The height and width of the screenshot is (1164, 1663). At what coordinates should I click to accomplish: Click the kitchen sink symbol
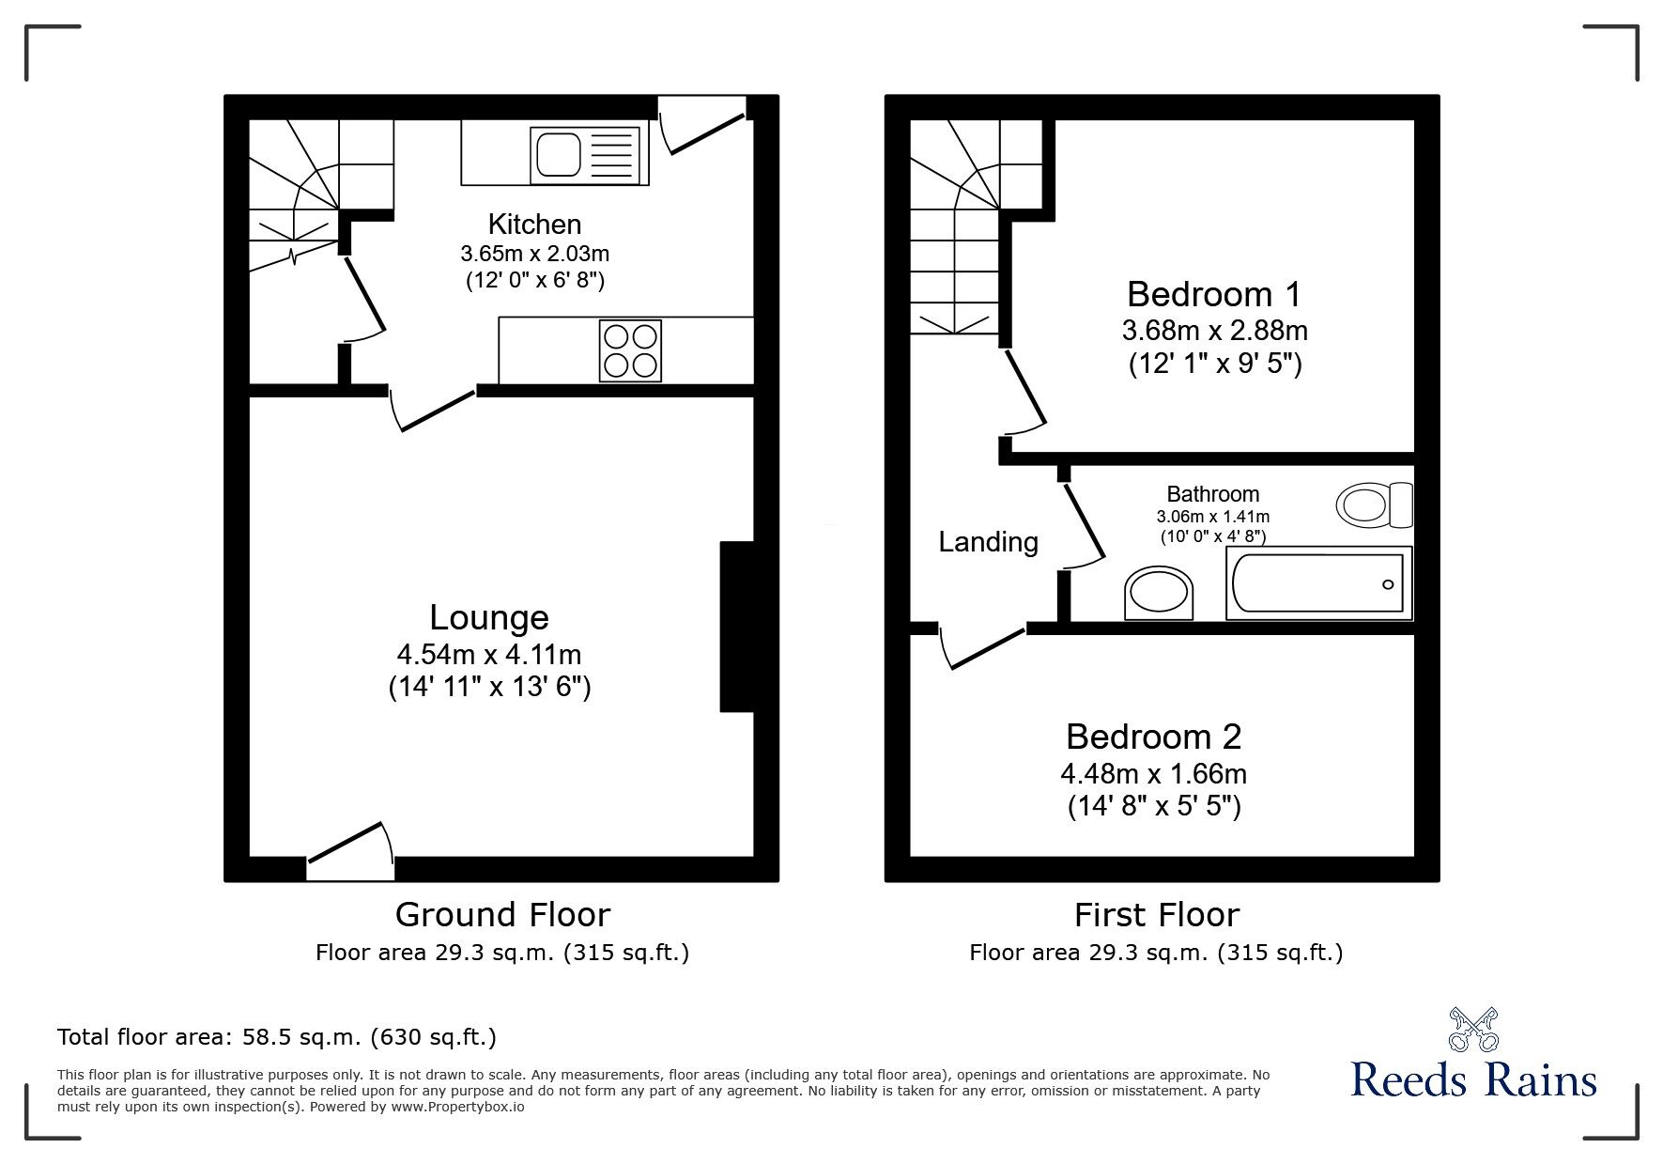586,155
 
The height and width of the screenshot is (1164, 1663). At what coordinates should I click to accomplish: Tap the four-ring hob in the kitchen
630,350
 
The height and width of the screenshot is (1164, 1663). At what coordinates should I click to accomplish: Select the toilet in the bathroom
1374,504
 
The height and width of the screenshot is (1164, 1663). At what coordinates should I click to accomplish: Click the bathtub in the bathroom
1318,583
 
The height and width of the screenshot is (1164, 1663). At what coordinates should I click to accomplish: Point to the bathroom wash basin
1161,593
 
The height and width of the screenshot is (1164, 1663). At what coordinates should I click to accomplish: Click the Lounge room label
489,617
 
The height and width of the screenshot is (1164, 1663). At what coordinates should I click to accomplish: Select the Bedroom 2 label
1153,737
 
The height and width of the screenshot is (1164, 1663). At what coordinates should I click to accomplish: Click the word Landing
988,542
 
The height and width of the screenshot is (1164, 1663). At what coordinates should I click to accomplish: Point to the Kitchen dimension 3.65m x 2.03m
534,253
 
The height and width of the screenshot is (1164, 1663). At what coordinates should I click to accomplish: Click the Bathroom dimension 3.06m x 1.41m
1212,517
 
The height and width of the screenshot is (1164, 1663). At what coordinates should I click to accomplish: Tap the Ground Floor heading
502,914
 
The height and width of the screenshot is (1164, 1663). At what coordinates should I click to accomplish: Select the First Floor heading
1156,914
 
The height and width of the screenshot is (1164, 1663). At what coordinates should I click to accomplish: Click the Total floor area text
277,1037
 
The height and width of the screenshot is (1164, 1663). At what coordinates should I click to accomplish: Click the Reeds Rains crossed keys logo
1473,1030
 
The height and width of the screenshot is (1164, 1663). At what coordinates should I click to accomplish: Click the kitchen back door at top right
702,122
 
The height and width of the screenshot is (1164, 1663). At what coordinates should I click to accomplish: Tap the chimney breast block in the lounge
736,627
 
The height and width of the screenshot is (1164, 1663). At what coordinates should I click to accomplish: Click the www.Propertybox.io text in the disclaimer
457,1107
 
